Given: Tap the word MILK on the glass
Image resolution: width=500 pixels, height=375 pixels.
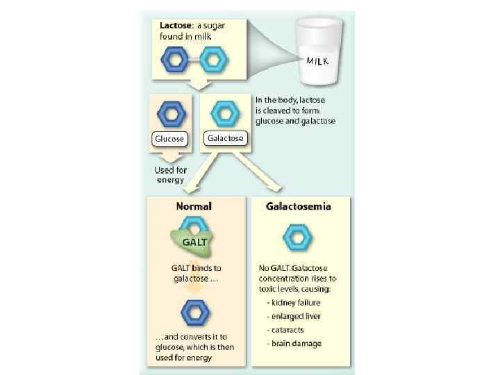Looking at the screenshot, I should [x=318, y=60].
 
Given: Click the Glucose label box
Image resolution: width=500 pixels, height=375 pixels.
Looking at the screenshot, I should [x=169, y=138].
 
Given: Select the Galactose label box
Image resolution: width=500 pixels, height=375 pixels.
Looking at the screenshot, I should [x=225, y=138].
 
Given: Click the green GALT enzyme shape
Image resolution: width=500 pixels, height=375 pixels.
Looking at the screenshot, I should [x=192, y=242].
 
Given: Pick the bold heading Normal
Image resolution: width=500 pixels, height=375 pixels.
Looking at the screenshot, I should [x=194, y=206].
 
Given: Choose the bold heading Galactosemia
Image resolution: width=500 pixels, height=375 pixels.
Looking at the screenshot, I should [x=299, y=206].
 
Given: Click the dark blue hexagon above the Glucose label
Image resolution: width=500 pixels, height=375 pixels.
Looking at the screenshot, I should [x=169, y=112].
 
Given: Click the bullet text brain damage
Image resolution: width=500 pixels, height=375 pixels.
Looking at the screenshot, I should [x=297, y=343].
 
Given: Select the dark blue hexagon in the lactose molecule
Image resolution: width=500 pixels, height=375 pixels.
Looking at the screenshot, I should [x=175, y=60].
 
